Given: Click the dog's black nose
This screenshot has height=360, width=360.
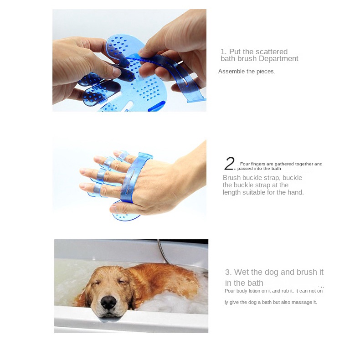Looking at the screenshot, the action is click(x=108, y=302).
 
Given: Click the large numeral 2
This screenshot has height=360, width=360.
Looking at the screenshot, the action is click(x=229, y=164).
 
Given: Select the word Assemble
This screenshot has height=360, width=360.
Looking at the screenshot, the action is click(x=231, y=72).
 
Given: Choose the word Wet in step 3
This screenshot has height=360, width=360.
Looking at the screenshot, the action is click(x=241, y=272).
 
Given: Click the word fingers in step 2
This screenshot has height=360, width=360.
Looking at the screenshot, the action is click(x=258, y=164).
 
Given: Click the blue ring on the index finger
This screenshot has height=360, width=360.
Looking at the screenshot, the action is click(x=108, y=162).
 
